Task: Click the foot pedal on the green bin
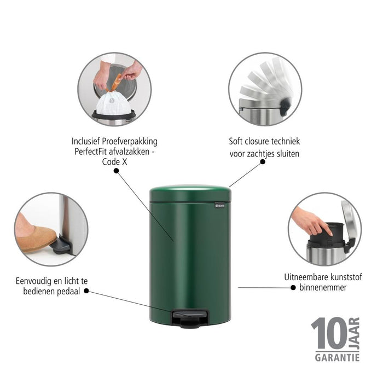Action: point(190,318)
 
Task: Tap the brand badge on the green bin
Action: point(219,206)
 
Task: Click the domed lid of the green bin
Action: point(190,194)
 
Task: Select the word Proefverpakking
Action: point(130,142)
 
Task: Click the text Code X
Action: point(114,162)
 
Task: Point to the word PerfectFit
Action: point(91,152)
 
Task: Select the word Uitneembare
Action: point(306,277)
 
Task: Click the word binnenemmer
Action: point(323,287)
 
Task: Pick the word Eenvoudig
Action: point(33,281)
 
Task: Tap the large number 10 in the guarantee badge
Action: point(329,333)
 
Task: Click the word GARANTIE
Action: point(337,358)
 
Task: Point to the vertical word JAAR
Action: point(355,333)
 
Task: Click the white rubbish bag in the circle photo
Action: point(113,103)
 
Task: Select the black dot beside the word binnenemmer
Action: point(293,288)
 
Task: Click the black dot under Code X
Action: point(116,171)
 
